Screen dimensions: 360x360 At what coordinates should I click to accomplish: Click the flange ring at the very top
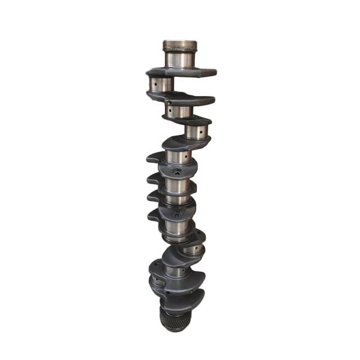(x=180, y=46)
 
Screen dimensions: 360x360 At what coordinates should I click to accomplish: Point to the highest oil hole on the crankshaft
(x=154, y=85)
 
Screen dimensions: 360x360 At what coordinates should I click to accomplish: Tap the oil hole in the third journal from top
(x=170, y=112)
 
